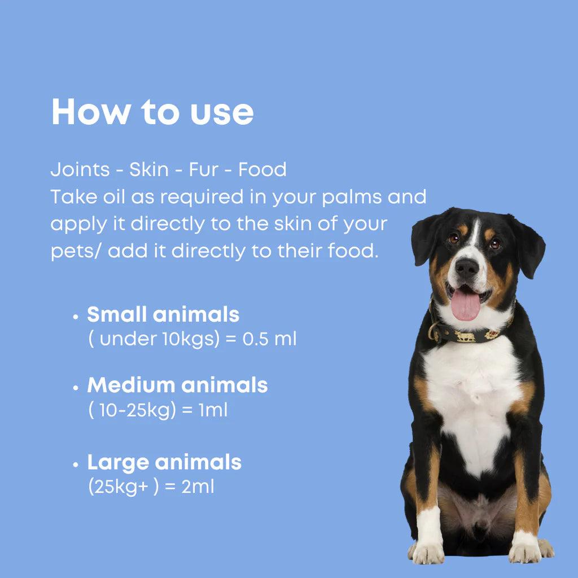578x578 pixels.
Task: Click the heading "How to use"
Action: click(152, 112)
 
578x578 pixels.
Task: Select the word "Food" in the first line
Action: click(262, 170)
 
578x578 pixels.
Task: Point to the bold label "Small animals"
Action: click(163, 314)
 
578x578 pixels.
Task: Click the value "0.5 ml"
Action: click(269, 339)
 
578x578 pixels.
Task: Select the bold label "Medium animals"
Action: click(177, 385)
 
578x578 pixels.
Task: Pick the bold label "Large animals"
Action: click(164, 462)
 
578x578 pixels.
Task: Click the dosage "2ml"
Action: click(198, 487)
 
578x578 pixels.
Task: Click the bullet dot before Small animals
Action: click(76, 317)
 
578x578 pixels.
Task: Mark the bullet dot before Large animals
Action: click(76, 465)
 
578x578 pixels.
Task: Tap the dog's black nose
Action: click(466, 268)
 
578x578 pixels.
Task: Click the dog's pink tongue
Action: click(466, 305)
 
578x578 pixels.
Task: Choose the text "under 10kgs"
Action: click(157, 339)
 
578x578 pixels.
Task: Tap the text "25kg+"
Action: click(121, 487)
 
